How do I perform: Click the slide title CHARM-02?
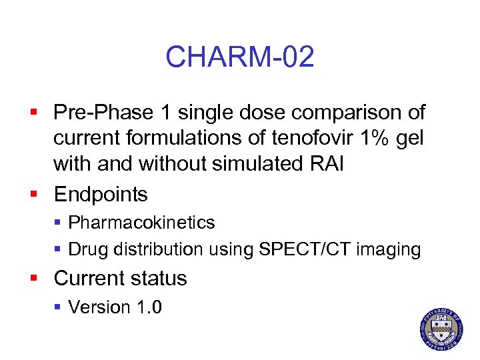pyautogui.click(x=239, y=57)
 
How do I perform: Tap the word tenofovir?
pyautogui.click(x=303, y=138)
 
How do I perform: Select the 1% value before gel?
pyautogui.click(x=372, y=138)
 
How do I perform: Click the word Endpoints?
pyautogui.click(x=101, y=194)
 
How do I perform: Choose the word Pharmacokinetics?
pyautogui.click(x=141, y=222)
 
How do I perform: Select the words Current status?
pyautogui.click(x=121, y=278)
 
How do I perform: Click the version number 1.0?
pyautogui.click(x=147, y=307)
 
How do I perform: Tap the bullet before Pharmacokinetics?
pyautogui.click(x=58, y=223)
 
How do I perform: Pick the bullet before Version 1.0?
pyautogui.click(x=58, y=307)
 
